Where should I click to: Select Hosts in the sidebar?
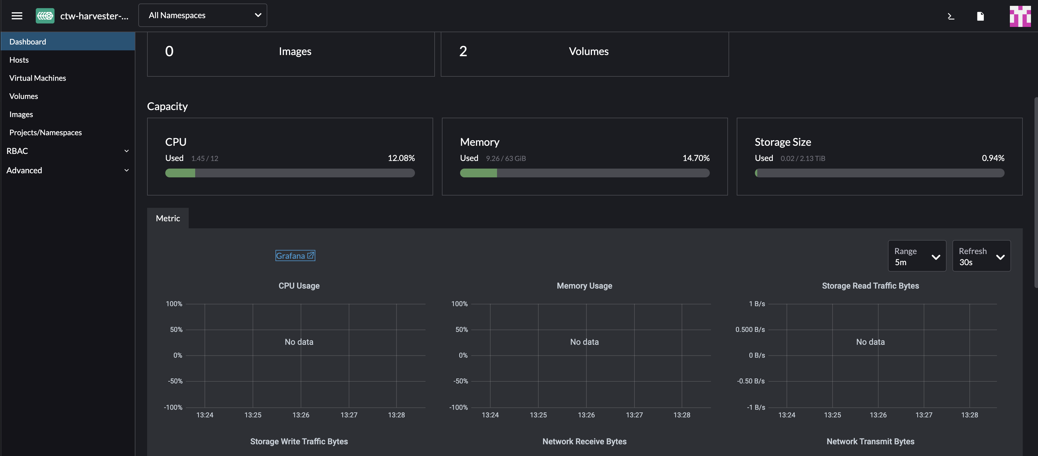19,60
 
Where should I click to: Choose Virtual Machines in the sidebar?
38,78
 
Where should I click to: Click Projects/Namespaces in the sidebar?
45,132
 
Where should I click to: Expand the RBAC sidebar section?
67,151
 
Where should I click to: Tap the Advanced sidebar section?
67,170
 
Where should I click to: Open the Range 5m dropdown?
917,256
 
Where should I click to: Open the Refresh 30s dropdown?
981,256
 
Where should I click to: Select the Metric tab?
168,218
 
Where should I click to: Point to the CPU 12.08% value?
401,158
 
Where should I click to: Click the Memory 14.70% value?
696,158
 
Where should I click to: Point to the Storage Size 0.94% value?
993,158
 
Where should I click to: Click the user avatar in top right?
1020,16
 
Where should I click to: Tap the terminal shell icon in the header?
951,16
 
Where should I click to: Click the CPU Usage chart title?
299,286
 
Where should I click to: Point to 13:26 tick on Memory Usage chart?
586,415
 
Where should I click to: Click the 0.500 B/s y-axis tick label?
750,330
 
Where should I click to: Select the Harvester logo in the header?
45,16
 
